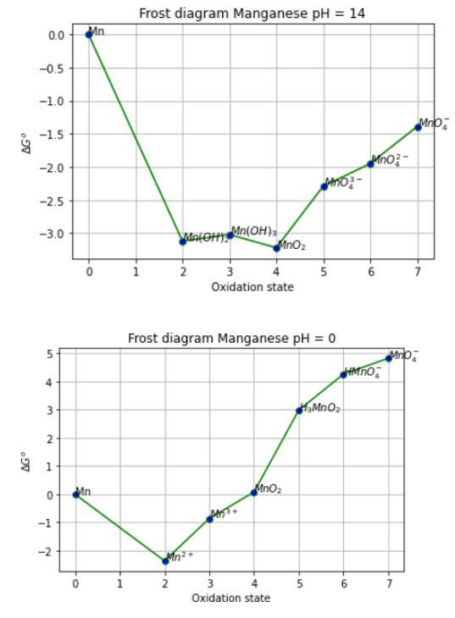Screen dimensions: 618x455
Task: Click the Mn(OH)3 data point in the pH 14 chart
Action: point(230,235)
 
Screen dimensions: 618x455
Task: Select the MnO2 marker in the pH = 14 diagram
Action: point(276,248)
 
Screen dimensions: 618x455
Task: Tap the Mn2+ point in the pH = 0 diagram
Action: point(165,561)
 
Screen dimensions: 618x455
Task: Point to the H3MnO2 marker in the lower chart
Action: point(299,411)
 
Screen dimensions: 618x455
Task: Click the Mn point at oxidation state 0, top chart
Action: point(89,35)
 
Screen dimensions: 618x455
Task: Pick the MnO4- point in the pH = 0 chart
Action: point(389,358)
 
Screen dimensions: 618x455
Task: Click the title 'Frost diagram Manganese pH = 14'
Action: point(253,12)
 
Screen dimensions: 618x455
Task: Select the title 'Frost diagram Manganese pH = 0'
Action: point(231,338)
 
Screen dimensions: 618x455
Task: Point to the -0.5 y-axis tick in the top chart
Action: point(55,69)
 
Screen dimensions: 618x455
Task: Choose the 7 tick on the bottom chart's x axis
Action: point(389,583)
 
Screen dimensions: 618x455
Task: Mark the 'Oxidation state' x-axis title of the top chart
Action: point(253,286)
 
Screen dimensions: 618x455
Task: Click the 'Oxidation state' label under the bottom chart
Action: point(231,598)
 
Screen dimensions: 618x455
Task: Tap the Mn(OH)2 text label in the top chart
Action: point(206,238)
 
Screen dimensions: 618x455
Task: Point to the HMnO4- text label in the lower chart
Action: point(362,372)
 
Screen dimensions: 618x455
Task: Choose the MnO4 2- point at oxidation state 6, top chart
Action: point(370,163)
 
